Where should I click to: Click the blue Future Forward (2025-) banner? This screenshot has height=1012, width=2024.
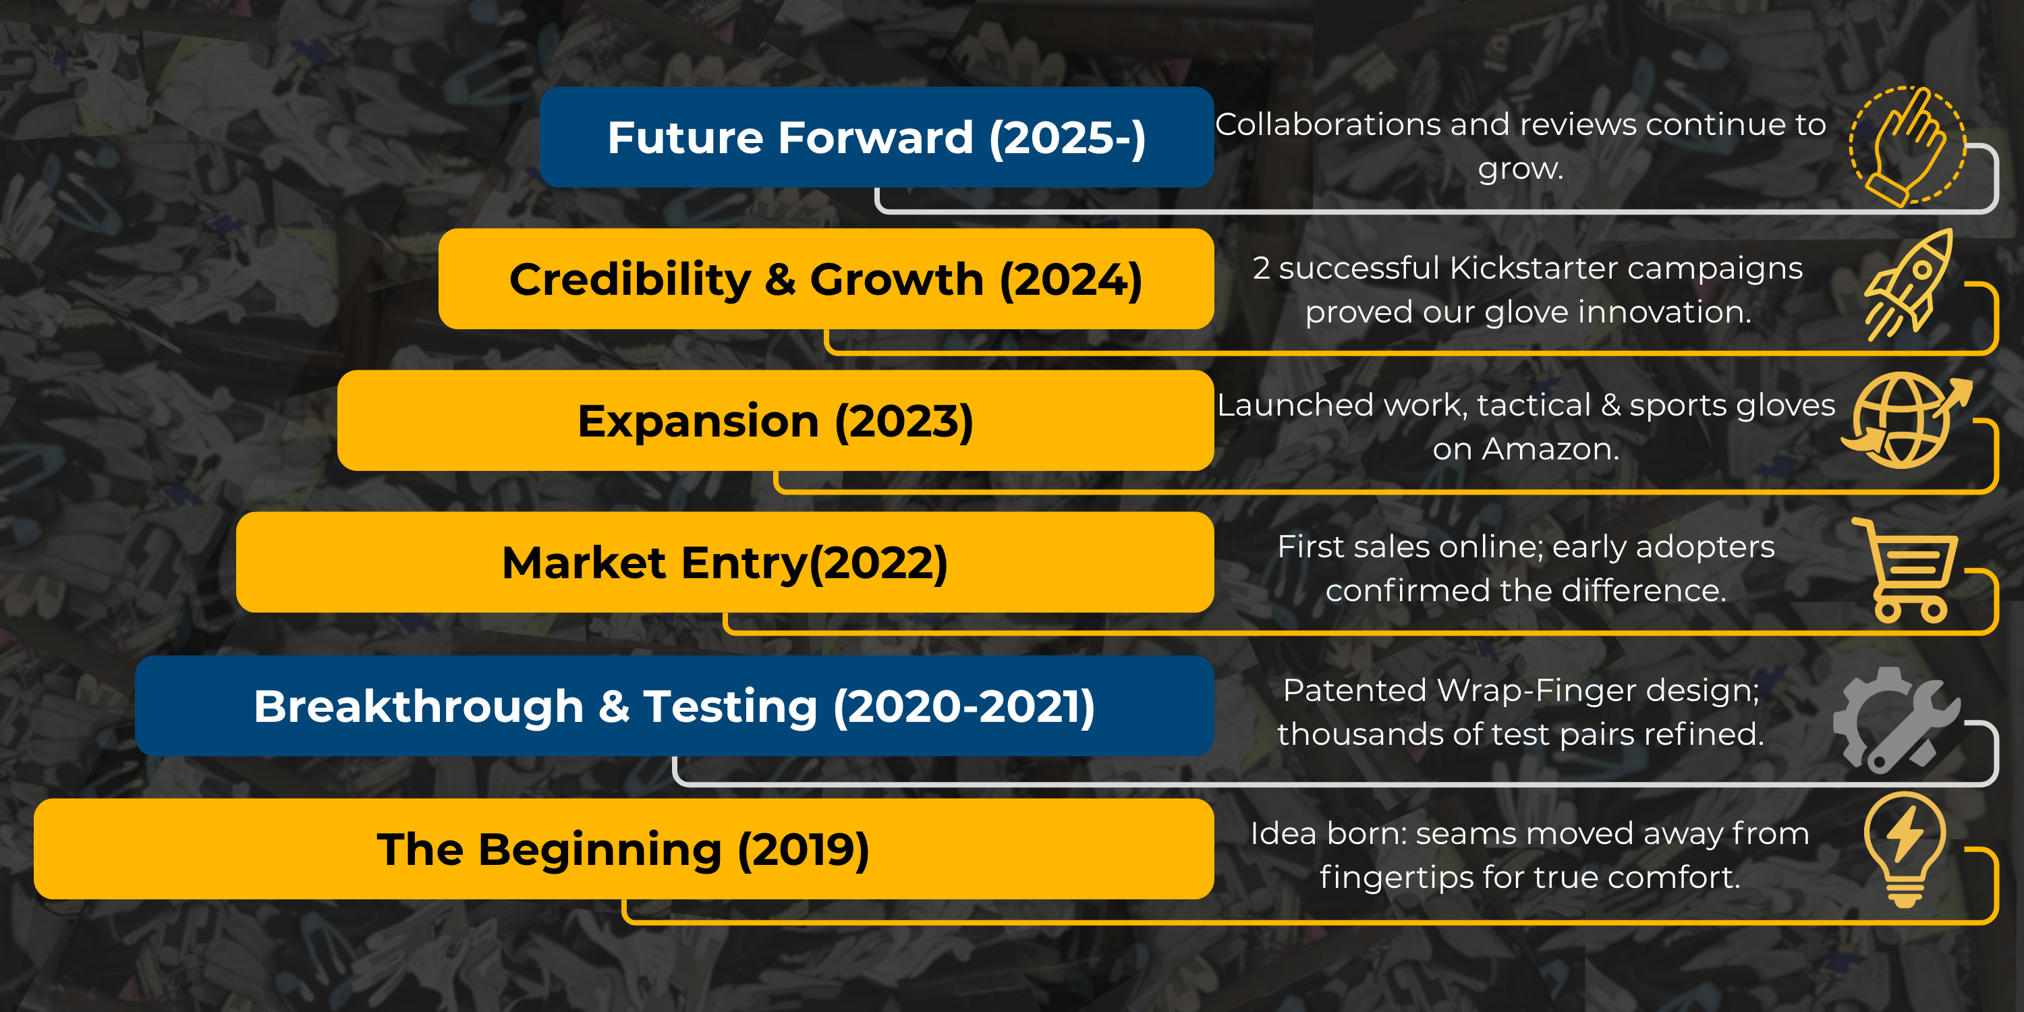(877, 137)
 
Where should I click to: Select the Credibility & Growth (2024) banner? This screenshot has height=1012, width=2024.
(826, 279)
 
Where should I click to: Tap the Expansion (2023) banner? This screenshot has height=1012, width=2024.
(775, 420)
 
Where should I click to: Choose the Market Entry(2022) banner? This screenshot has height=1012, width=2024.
(725, 563)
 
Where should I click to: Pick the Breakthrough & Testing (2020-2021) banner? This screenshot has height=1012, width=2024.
(674, 706)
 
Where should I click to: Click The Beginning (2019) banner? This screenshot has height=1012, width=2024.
(624, 849)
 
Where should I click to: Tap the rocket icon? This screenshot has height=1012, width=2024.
(1909, 285)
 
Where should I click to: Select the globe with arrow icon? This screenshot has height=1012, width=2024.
(1906, 420)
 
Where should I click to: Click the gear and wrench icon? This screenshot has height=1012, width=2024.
(1896, 720)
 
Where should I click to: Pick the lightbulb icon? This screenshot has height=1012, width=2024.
(1905, 850)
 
